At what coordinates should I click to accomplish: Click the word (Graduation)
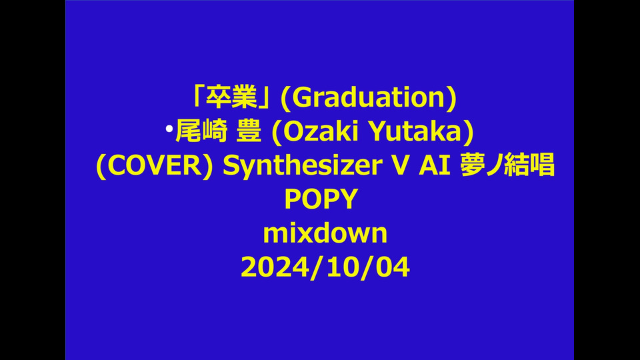369,98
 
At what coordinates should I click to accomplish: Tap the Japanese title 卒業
231,97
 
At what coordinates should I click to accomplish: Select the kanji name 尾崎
201,131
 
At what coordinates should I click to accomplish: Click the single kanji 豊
249,131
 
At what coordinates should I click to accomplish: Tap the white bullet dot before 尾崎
169,129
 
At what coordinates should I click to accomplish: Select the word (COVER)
154,165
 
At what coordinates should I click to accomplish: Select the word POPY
321,199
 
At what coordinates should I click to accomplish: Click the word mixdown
325,233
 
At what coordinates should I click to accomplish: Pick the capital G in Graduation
301,98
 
